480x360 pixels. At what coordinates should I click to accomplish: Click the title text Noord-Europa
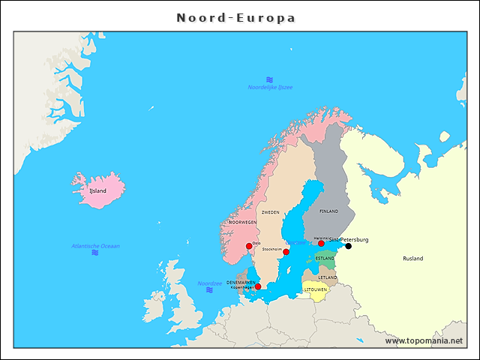(x=235, y=17)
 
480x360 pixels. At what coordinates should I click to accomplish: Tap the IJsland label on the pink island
(x=97, y=191)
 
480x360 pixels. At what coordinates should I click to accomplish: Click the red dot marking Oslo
(x=249, y=246)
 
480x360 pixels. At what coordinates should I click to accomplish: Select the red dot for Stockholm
(x=286, y=252)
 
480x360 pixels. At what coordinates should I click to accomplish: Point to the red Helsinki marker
(x=321, y=243)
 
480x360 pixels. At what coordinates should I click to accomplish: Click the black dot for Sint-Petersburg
(x=348, y=246)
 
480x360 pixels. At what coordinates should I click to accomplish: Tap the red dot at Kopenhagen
(x=258, y=286)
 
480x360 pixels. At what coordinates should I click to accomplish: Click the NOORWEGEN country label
(x=243, y=223)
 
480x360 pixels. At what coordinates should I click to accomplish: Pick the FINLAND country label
(x=328, y=211)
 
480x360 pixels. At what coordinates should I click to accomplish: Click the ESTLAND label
(x=325, y=259)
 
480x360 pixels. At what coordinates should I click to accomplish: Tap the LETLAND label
(x=328, y=277)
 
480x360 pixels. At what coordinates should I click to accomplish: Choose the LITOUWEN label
(x=316, y=289)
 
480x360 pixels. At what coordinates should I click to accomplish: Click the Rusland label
(x=412, y=259)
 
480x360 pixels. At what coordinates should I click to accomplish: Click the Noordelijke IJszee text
(x=270, y=88)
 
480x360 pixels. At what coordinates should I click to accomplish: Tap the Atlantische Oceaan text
(x=95, y=246)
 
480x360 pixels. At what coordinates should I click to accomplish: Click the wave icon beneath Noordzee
(x=209, y=290)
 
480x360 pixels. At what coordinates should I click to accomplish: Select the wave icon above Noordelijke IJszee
(x=269, y=79)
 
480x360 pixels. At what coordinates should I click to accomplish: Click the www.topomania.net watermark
(x=424, y=341)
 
